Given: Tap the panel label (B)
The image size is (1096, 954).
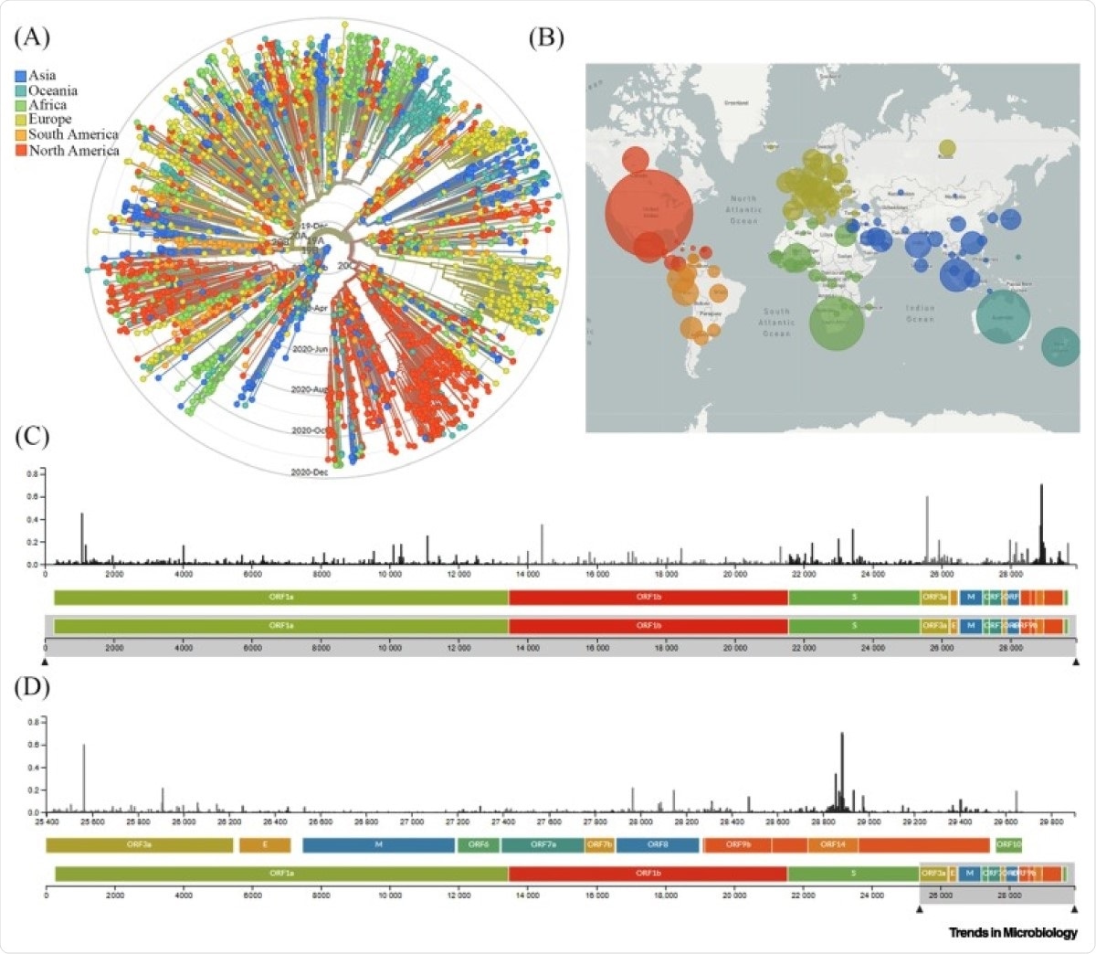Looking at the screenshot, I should pos(546,37).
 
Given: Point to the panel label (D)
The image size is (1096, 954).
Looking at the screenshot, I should pos(33,686).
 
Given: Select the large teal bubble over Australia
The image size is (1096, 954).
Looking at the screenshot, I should pos(1003,315).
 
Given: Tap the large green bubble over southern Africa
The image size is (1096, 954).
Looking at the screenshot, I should pos(837,323).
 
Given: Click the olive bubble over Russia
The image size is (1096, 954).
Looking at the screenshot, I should pos(947,148).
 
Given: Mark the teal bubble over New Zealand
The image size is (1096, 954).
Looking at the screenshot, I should pos(1059,346).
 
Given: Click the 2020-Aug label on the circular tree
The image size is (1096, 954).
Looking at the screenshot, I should pos(309,390).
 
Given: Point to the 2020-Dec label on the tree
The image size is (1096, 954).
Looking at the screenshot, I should pos(309,472).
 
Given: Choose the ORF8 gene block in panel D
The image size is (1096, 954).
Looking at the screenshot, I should pos(657,845).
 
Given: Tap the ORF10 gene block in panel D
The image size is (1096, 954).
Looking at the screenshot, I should pos(1008,845).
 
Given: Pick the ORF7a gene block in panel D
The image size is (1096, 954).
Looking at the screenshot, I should pos(543,845).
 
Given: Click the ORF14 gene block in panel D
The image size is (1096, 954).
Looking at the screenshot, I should pos(832,845).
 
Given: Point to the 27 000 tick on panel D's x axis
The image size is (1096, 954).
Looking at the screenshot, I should pos(412,821).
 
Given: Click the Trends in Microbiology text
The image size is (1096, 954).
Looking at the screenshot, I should pos(1012,933).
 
